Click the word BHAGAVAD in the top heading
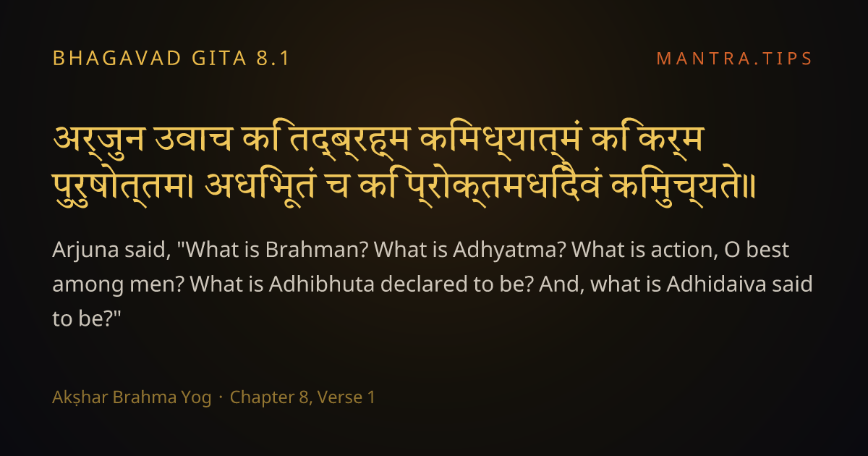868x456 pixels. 117,59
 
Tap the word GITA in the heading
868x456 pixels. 219,59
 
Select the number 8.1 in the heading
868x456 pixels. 273,59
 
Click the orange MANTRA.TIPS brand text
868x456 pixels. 734,59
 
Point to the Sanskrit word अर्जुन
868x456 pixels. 98,140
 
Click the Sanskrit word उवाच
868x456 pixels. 193,138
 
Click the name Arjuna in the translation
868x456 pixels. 85,250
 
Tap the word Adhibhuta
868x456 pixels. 322,284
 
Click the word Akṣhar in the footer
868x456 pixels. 80,397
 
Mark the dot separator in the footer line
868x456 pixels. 221,398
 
